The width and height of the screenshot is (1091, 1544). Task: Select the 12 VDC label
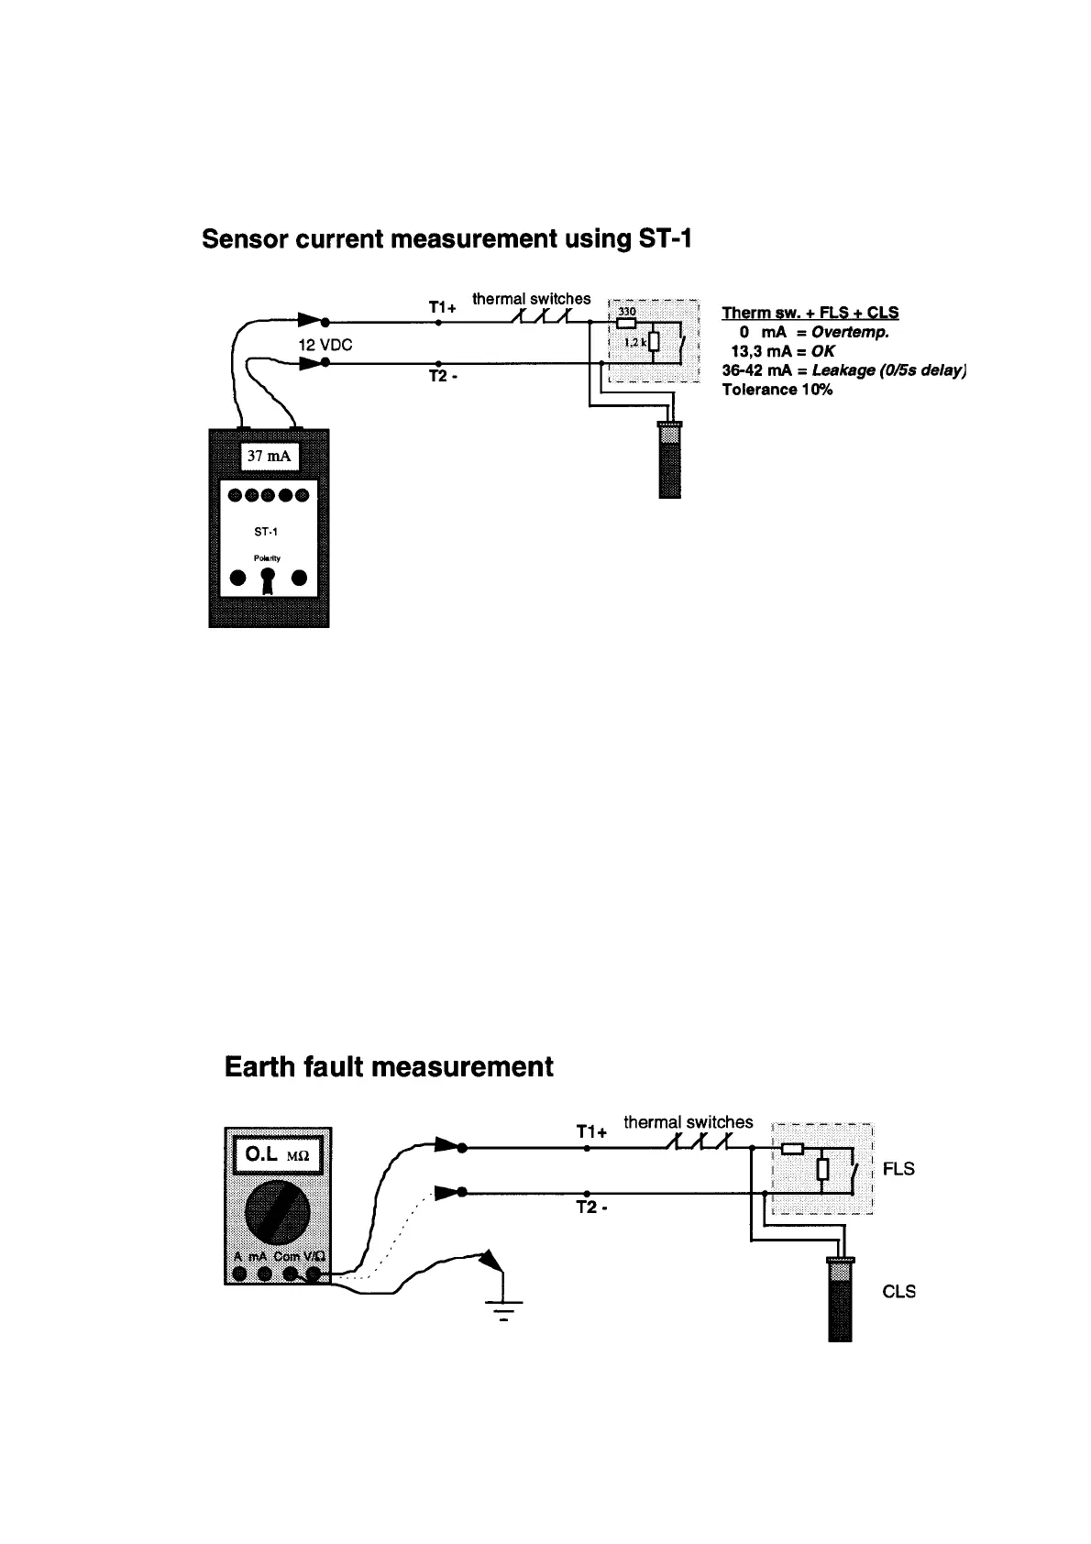click(325, 346)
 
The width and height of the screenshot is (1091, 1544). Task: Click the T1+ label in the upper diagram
click(442, 308)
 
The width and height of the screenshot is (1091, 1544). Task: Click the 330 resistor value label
click(627, 312)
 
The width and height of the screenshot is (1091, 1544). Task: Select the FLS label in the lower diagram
click(898, 1169)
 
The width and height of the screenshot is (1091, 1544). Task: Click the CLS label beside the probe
click(898, 1292)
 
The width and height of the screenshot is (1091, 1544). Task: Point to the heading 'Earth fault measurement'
click(389, 1067)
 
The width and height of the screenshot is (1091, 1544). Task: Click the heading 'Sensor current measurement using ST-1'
click(447, 239)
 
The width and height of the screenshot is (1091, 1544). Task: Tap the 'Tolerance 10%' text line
click(777, 390)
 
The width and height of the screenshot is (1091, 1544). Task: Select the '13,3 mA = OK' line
click(782, 351)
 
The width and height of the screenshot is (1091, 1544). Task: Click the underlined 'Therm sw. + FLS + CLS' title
click(810, 313)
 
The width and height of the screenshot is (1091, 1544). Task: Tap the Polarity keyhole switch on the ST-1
click(267, 580)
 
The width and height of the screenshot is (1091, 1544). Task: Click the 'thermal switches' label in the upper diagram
click(532, 299)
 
